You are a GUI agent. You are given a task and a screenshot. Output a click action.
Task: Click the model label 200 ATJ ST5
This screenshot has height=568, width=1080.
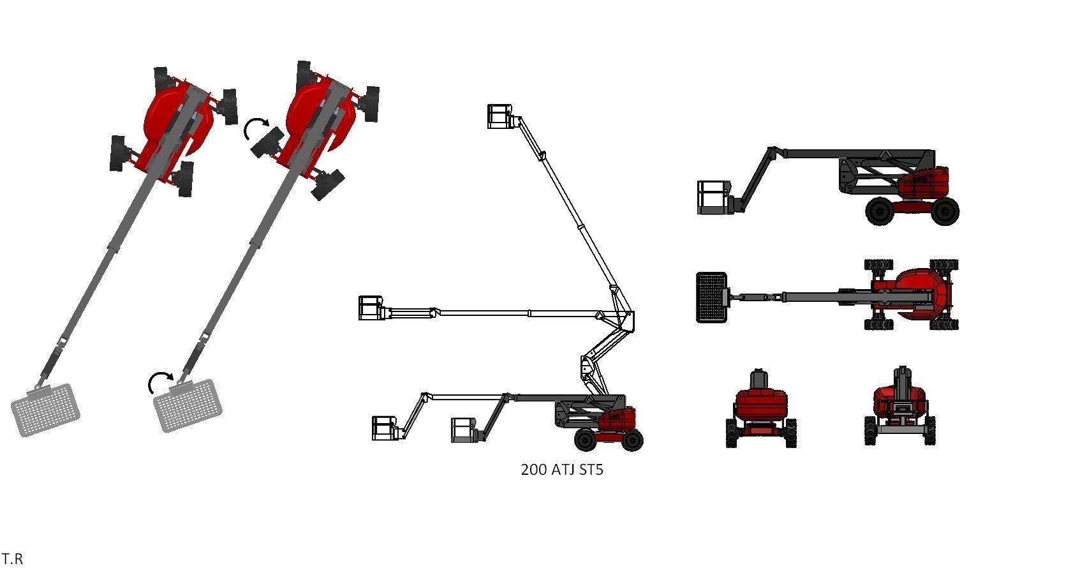[x=561, y=470]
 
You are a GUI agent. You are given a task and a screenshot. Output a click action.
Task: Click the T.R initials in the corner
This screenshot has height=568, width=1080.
[x=11, y=558]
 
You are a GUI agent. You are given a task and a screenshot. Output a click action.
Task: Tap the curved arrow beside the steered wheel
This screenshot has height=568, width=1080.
[x=256, y=128]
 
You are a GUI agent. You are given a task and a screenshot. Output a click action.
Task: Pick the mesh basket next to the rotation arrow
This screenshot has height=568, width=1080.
[x=189, y=405]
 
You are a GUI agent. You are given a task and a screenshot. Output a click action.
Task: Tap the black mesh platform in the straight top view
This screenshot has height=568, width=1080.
[x=711, y=297]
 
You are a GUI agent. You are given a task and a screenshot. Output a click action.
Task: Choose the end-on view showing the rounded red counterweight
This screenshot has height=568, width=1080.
[x=760, y=407]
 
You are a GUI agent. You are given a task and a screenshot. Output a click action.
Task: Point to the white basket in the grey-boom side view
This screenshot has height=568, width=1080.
[x=713, y=197]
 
